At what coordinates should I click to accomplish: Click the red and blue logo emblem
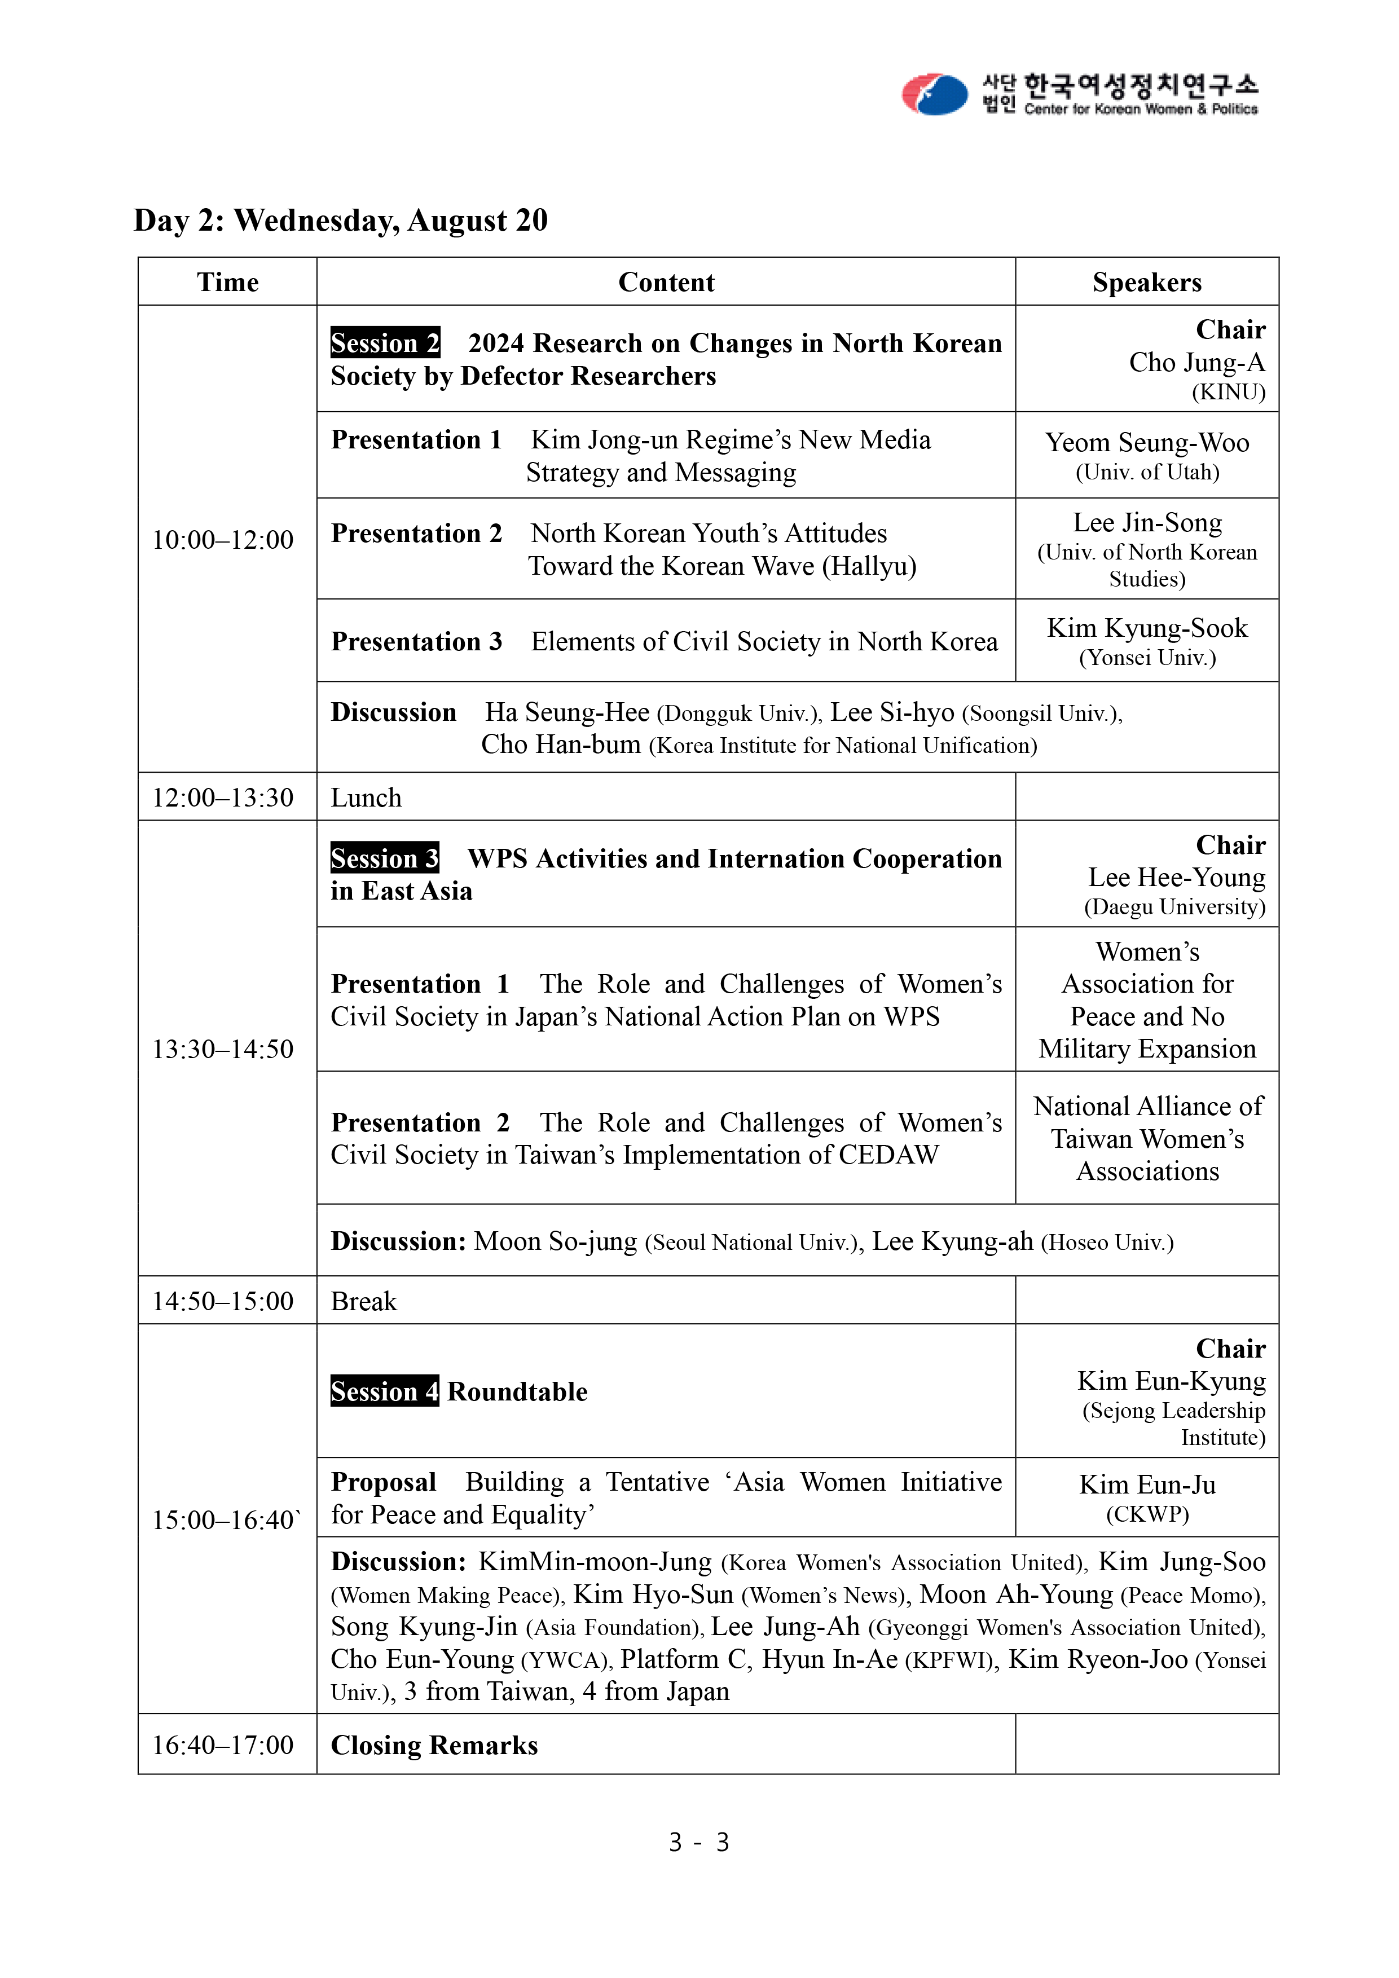[x=935, y=94]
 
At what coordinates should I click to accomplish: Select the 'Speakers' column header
[x=1147, y=283]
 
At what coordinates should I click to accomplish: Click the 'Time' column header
[x=227, y=283]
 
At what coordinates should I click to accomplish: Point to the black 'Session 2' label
[x=385, y=343]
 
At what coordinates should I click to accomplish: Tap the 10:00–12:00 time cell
[x=223, y=540]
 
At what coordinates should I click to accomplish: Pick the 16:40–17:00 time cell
[x=223, y=1744]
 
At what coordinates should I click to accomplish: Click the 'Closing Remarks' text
[x=434, y=1744]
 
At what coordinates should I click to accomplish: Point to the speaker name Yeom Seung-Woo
[x=1147, y=443]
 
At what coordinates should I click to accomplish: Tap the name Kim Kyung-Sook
[x=1147, y=628]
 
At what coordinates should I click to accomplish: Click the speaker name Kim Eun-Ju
[x=1147, y=1484]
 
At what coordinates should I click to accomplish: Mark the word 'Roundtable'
[x=518, y=1391]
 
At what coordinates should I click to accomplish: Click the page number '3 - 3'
[x=698, y=1842]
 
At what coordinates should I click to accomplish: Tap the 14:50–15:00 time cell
[x=223, y=1301]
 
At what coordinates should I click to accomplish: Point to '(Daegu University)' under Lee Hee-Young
[x=1174, y=907]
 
